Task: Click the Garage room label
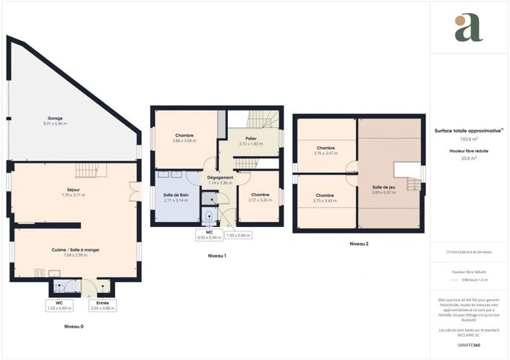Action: click(56, 118)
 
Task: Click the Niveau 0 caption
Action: click(73, 327)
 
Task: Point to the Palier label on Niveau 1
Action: click(250, 138)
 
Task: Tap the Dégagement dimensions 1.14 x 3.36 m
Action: click(219, 183)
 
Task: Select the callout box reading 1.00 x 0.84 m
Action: click(238, 236)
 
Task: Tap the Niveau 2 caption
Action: click(359, 244)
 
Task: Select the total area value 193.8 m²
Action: click(469, 140)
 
